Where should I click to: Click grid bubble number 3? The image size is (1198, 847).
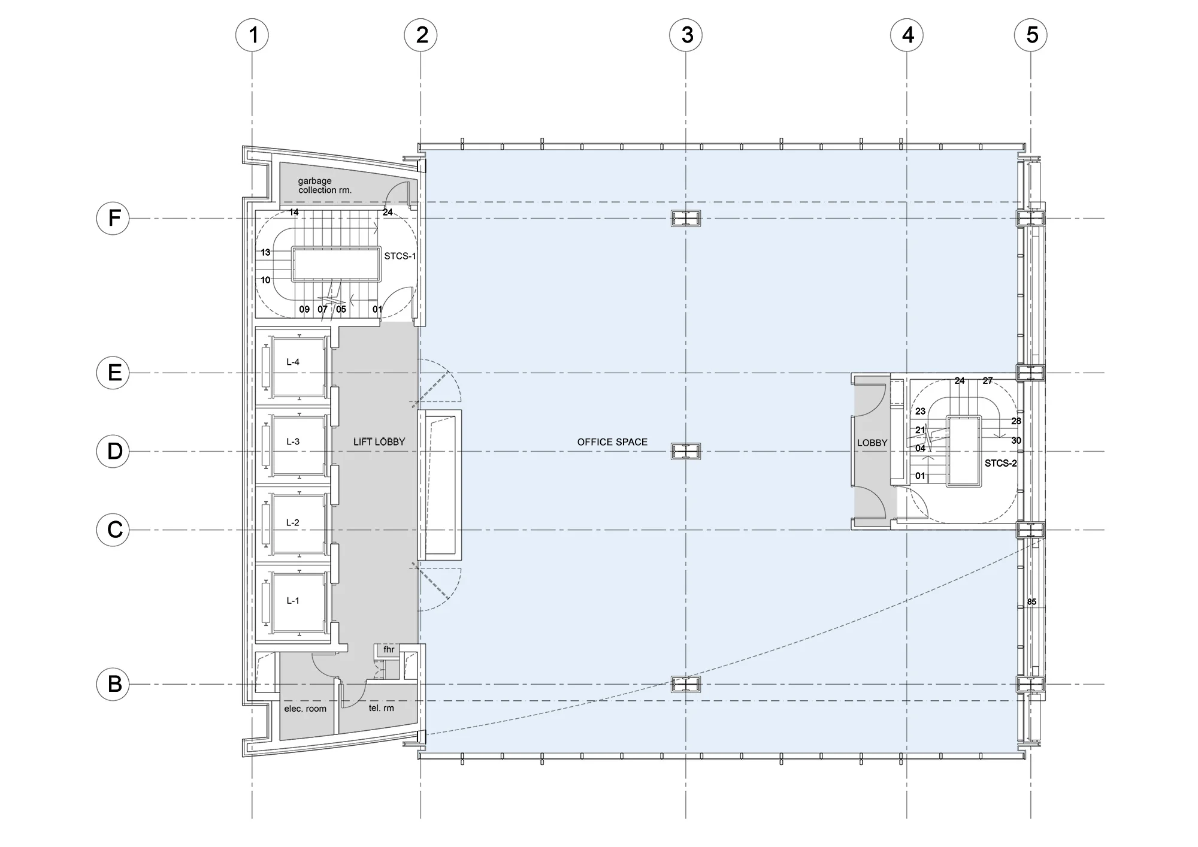(x=686, y=35)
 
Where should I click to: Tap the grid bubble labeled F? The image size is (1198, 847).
(x=113, y=218)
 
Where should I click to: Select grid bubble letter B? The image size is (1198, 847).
(x=113, y=683)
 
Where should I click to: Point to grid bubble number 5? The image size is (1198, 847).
(x=1031, y=35)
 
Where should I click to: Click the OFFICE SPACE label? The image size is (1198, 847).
(x=612, y=442)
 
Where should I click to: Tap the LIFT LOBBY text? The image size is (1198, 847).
(x=379, y=442)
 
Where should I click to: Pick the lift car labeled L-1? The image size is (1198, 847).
(x=298, y=602)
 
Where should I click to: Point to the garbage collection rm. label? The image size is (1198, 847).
(x=325, y=185)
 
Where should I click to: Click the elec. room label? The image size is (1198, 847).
(x=305, y=709)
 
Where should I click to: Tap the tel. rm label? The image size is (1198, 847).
(x=382, y=708)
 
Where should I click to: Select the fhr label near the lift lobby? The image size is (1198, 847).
(x=389, y=649)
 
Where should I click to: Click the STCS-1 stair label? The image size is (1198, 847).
(x=400, y=256)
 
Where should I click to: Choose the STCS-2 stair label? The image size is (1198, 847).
(x=1001, y=463)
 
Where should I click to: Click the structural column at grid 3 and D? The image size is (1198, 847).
(x=686, y=451)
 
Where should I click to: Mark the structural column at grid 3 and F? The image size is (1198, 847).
(x=686, y=219)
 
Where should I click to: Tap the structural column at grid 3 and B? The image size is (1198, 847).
(x=686, y=684)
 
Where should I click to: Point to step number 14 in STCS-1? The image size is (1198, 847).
(x=294, y=212)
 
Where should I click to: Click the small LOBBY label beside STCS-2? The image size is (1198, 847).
(x=872, y=443)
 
